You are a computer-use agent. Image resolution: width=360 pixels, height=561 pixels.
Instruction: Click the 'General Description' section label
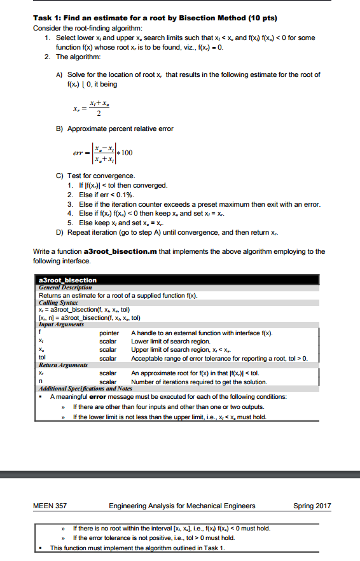point(66,287)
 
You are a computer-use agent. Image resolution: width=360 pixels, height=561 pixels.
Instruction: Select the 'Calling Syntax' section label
point(58,301)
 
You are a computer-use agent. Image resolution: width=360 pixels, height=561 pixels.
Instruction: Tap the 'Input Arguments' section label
point(62,324)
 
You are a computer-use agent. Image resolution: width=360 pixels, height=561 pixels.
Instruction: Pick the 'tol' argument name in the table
point(43,357)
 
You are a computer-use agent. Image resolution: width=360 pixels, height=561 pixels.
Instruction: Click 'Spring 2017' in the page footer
point(312,506)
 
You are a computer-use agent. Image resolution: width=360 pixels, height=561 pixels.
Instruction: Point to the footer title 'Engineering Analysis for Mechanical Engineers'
point(182,506)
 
